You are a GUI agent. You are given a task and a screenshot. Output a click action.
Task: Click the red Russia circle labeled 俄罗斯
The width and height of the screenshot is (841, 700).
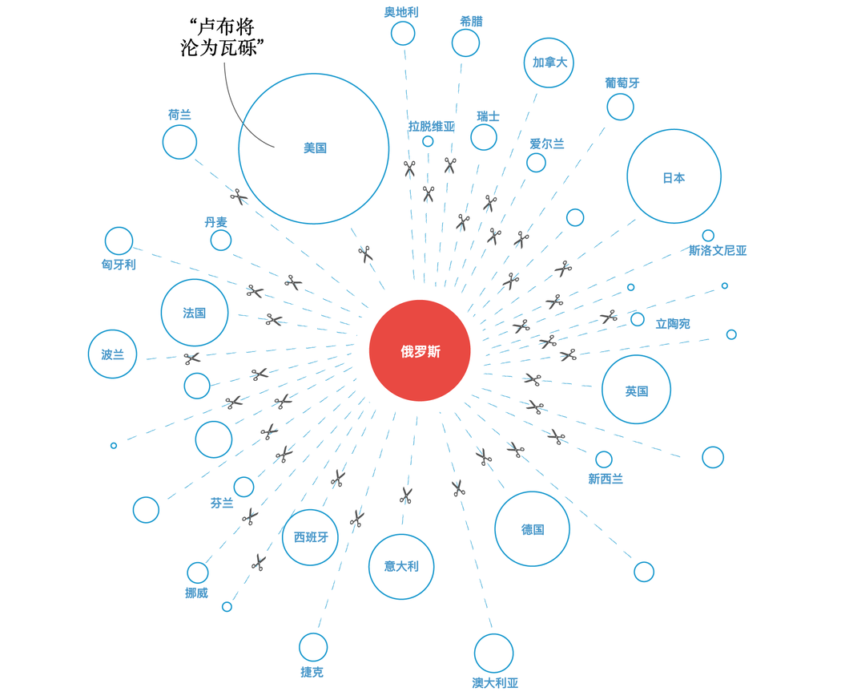(420, 351)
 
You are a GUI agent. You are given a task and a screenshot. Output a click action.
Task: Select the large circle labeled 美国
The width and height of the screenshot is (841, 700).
(314, 148)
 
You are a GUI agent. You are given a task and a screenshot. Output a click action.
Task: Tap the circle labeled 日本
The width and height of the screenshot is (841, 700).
(674, 177)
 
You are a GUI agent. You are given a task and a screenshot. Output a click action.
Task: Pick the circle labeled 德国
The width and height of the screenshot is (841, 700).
(532, 529)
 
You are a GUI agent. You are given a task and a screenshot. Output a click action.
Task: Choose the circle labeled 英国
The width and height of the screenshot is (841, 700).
(636, 390)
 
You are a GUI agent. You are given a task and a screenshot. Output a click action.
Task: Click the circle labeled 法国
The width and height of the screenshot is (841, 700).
(195, 313)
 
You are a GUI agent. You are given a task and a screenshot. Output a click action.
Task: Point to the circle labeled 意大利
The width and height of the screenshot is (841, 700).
(401, 566)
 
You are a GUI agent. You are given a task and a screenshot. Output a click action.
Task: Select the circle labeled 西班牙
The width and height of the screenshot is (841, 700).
(311, 537)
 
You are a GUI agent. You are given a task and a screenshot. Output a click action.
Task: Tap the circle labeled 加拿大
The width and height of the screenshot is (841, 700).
(549, 63)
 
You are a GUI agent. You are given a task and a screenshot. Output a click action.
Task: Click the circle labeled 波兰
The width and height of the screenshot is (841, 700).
(113, 354)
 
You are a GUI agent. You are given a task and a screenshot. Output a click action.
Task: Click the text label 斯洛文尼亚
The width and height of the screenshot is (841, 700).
(718, 251)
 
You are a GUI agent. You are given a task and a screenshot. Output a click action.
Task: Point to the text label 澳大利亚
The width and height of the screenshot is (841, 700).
(495, 683)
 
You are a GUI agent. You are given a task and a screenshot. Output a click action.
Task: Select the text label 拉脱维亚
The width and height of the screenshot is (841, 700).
(432, 126)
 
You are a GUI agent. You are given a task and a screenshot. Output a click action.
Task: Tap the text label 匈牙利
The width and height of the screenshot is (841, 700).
(119, 264)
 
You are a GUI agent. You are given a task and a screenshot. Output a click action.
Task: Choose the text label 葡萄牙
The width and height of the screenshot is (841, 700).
(622, 83)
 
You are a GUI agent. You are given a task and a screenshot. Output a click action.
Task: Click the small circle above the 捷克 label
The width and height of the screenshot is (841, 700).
(313, 647)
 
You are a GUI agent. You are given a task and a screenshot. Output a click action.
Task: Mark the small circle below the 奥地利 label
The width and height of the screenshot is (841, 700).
(403, 34)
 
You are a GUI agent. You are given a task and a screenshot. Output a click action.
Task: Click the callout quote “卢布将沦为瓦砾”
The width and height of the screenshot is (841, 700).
(223, 38)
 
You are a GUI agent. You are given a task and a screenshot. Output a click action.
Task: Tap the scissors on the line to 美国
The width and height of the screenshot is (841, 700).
(365, 254)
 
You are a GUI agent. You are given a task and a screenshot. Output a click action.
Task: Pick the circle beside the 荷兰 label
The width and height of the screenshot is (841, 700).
(179, 142)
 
